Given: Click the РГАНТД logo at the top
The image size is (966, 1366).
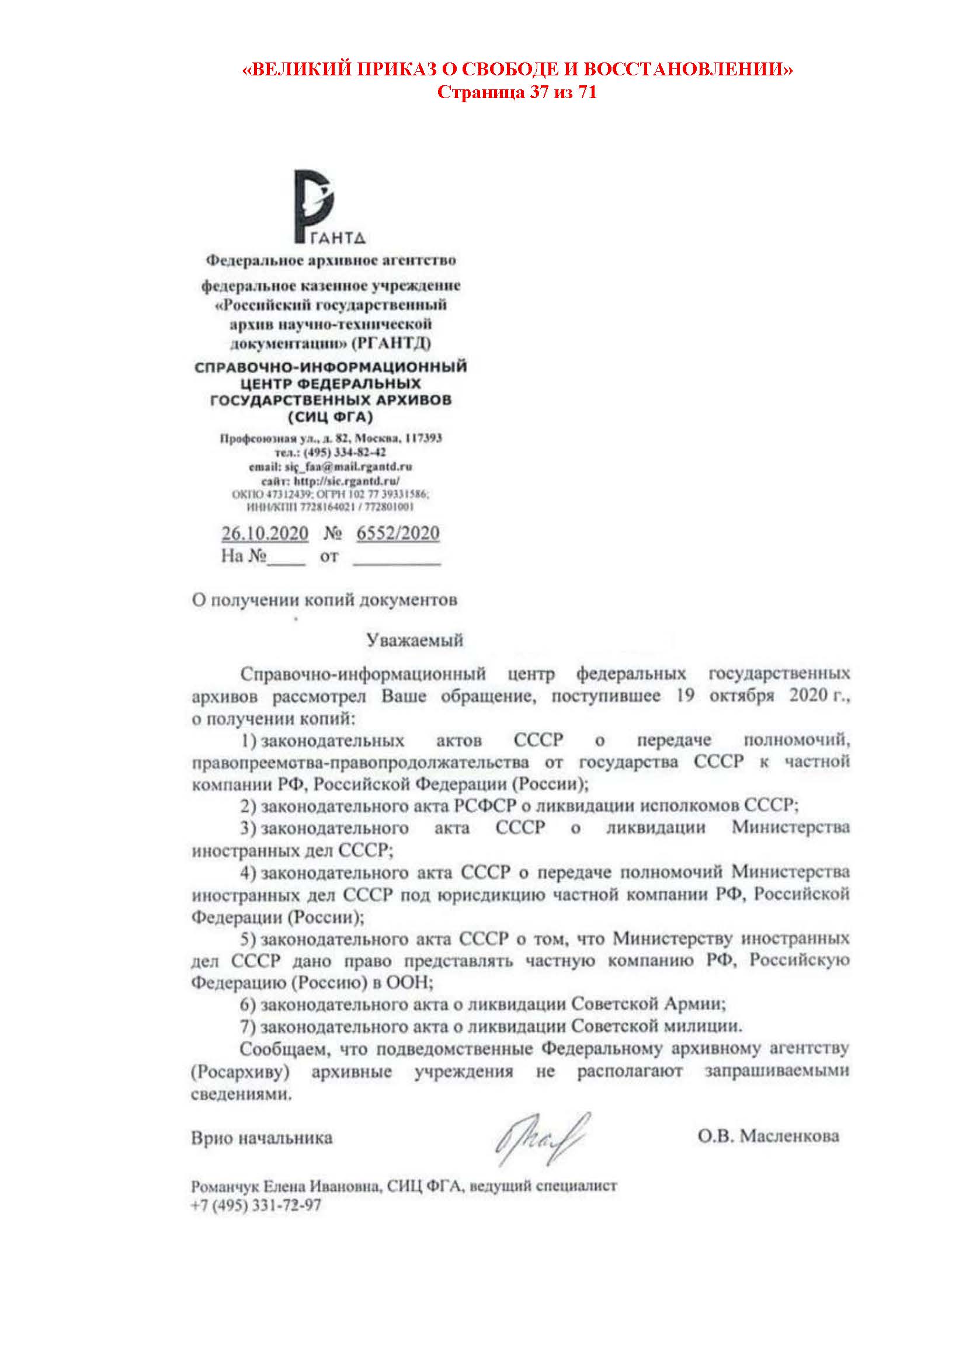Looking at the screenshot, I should click(328, 206).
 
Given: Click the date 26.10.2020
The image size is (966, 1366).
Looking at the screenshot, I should click(265, 533).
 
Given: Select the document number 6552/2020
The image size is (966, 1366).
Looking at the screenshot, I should click(398, 533).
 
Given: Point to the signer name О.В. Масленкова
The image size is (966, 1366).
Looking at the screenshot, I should click(768, 1136).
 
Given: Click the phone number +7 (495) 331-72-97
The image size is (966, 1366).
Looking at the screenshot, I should click(256, 1205).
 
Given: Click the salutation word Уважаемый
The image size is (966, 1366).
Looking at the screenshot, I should click(414, 640).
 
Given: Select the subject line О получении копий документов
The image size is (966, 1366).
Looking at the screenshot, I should click(324, 600).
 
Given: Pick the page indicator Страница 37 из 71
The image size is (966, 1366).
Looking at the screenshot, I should click(517, 92).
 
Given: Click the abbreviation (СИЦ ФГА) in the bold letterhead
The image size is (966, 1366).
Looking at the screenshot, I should click(330, 417).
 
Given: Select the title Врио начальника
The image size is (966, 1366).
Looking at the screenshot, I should click(262, 1138).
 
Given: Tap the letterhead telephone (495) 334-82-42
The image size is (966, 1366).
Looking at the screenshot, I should click(345, 452).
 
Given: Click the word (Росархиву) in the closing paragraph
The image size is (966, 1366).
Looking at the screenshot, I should click(240, 1072).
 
